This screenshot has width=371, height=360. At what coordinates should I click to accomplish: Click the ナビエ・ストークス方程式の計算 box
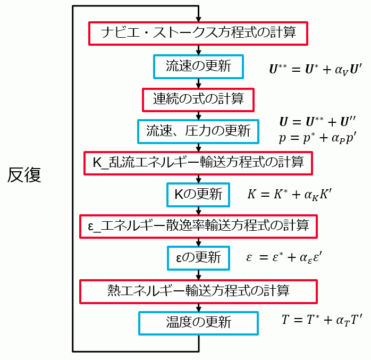[198, 34]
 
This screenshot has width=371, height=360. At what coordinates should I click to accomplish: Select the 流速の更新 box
[198, 66]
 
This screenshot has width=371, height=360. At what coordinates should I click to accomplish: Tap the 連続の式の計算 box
[198, 98]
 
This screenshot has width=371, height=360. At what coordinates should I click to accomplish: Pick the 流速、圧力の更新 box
[198, 131]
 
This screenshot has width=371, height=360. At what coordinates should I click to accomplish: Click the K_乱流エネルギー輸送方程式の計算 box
[198, 163]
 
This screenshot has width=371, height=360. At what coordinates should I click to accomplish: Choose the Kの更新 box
[198, 195]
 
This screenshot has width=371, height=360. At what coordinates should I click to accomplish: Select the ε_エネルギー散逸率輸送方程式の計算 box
[198, 226]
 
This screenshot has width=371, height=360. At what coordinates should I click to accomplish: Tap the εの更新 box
[198, 258]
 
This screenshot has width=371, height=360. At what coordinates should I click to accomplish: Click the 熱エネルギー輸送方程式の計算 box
[198, 290]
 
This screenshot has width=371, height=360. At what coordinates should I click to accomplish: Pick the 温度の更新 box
[198, 322]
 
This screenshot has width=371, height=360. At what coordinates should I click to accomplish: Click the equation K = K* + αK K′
[289, 195]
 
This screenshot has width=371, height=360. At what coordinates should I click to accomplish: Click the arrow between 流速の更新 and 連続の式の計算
[198, 83]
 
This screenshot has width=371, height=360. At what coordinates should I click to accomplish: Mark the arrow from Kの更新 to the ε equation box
[198, 211]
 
